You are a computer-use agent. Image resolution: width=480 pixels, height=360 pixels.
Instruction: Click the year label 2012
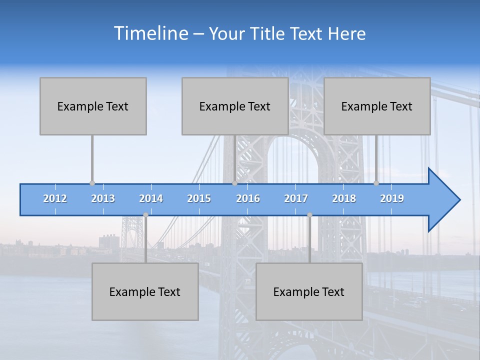(55, 198)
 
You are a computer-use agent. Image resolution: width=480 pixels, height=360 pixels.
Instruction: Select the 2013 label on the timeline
(103, 198)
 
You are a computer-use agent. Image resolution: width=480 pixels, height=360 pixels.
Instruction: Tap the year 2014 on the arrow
(151, 198)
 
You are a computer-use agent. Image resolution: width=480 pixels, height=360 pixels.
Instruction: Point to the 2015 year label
(199, 198)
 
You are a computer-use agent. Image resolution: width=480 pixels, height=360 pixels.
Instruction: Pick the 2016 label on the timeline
(248, 198)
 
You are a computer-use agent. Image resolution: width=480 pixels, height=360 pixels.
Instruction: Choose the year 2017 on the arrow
(296, 198)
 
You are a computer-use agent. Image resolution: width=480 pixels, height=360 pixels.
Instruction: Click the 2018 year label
(344, 198)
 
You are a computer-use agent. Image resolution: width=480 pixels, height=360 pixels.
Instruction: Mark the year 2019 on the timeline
(392, 198)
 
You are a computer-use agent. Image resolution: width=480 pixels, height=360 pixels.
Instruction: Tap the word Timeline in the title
(150, 33)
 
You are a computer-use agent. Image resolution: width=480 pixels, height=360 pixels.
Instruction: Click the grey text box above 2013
(93, 106)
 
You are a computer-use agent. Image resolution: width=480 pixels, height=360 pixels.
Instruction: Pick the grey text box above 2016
(235, 106)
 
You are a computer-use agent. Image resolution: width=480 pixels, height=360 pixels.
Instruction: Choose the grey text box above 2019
(377, 106)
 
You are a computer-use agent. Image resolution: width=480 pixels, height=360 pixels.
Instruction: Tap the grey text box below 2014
(145, 291)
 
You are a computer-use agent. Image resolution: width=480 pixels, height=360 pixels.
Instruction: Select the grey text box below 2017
(309, 291)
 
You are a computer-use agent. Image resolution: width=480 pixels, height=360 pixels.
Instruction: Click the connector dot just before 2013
(92, 183)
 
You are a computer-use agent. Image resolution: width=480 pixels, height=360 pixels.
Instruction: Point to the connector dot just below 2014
(145, 215)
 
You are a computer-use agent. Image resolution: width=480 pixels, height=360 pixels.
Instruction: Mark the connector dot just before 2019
(376, 183)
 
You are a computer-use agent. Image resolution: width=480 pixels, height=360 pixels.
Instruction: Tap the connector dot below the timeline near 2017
(309, 215)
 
